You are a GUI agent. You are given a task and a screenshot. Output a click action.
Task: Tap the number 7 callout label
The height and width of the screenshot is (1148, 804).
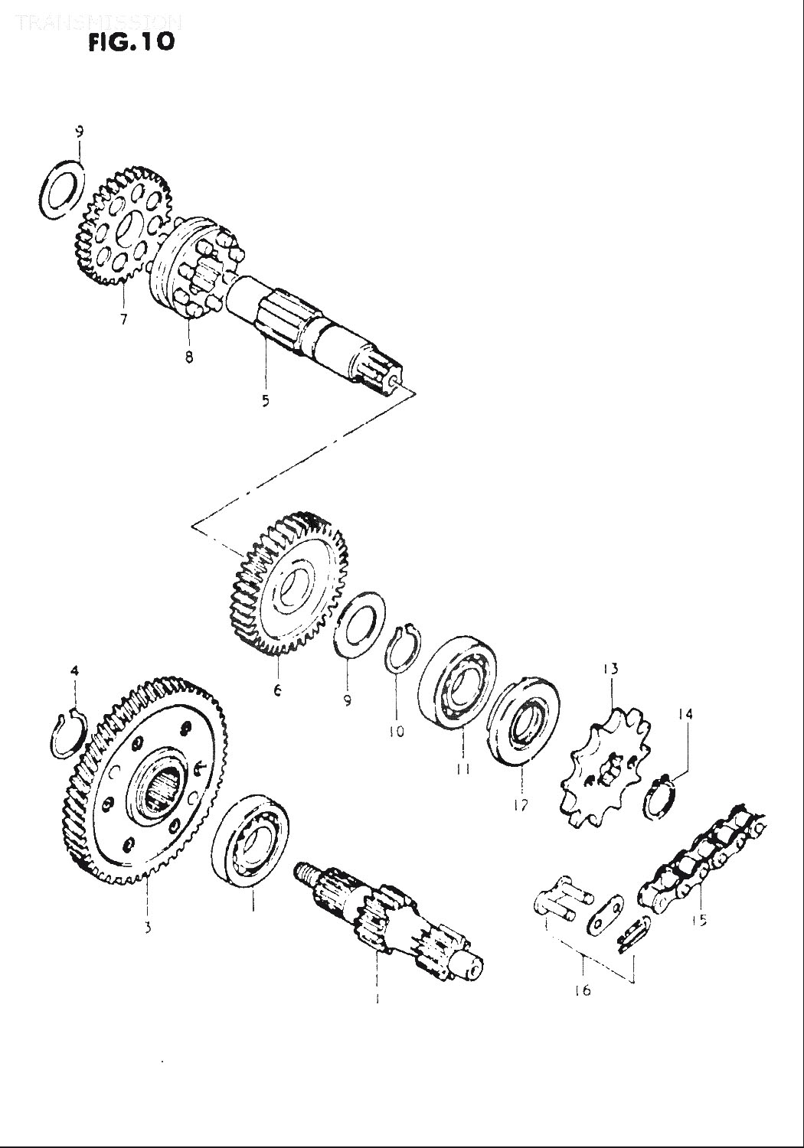[x=123, y=320]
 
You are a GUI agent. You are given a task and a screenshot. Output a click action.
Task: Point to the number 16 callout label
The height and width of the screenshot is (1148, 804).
[x=582, y=990]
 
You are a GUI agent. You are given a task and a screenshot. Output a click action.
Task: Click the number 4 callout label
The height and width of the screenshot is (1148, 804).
[x=74, y=671]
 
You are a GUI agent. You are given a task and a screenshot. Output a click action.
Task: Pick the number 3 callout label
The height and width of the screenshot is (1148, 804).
[x=147, y=928]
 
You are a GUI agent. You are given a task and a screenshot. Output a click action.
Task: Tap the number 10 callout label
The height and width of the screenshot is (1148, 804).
[x=396, y=732]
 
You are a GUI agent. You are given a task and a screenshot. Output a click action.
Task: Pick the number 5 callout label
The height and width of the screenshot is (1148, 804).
[x=265, y=400]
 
